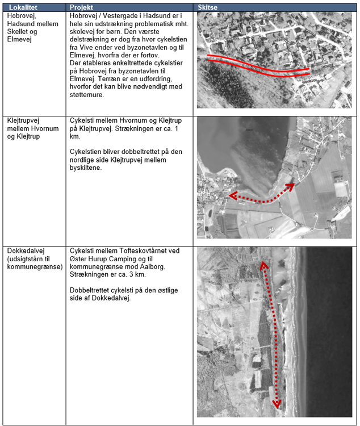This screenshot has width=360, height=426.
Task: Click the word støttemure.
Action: [x=87, y=95]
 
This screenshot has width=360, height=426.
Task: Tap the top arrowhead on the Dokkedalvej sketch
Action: [x=263, y=265]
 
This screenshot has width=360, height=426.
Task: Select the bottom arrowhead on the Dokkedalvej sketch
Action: [x=277, y=404]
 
